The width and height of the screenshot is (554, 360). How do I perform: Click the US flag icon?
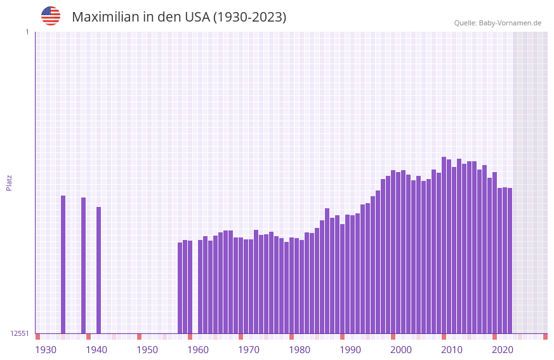tap(51, 16)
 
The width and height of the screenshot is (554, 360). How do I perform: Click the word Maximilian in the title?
tap(105, 17)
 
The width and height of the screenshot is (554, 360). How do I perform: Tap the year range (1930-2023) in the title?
tap(249, 17)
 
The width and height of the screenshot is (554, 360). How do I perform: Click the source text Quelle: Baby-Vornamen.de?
tap(498, 23)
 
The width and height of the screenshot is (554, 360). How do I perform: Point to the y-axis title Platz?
tap(9, 182)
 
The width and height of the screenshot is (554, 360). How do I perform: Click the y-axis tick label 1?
tap(27, 32)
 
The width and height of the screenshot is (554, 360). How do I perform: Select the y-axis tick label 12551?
tap(20, 333)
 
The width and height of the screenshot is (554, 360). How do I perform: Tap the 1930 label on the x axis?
tap(46, 349)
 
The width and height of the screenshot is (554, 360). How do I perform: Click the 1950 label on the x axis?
tap(147, 349)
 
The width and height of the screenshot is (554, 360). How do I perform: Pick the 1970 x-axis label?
tap(249, 349)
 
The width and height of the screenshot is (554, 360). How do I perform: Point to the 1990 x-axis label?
tap(350, 349)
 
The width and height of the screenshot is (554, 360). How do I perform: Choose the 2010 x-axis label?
tap(452, 349)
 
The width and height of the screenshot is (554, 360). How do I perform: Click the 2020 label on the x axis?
tap(503, 349)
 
